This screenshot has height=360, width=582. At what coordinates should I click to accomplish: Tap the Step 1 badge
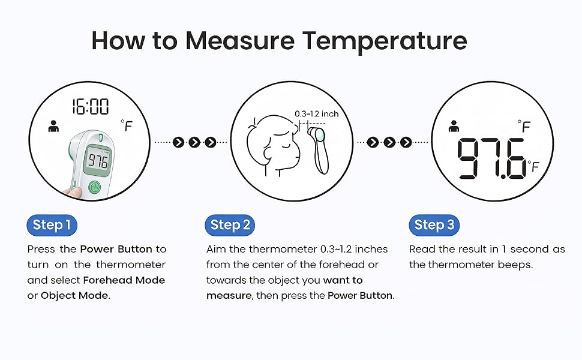(52, 225)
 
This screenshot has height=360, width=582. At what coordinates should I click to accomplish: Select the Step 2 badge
(230, 225)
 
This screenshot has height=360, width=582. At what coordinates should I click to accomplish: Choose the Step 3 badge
(434, 225)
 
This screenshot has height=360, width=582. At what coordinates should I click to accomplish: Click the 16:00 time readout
(91, 107)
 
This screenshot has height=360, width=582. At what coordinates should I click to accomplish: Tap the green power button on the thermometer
(95, 187)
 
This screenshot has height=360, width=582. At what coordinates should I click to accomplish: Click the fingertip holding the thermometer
(73, 192)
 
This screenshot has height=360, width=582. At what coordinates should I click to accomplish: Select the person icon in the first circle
(53, 127)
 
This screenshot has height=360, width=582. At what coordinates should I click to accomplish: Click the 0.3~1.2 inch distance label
(316, 114)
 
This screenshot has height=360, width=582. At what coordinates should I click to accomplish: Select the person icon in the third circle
(454, 127)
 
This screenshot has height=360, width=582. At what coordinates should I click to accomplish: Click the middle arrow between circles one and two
(194, 142)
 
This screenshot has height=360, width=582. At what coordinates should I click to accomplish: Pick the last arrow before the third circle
(406, 142)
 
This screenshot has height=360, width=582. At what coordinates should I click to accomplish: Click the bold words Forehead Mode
(124, 280)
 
